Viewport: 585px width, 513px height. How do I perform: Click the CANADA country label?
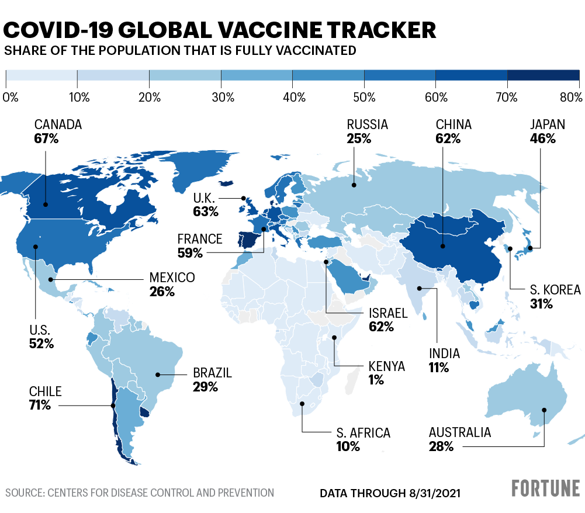click(x=58, y=124)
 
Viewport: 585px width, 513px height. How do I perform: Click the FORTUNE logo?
click(x=546, y=488)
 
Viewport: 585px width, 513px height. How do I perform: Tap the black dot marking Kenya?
click(x=334, y=338)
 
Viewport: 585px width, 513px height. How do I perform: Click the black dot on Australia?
click(x=545, y=410)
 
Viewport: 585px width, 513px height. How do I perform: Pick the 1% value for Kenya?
click(x=376, y=380)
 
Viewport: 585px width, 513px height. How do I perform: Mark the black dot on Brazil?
click(x=157, y=374)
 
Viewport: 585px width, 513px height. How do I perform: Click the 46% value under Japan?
click(x=542, y=138)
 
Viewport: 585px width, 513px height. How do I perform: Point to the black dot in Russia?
click(x=354, y=185)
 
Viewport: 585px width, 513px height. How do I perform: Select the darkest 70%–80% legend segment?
click(x=543, y=76)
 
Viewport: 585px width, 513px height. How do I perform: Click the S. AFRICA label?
click(x=363, y=433)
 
